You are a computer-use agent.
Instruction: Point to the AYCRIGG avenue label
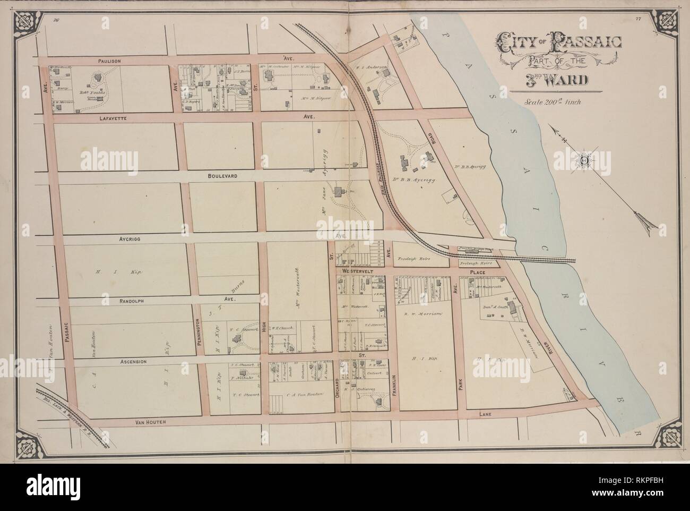pos(126,240)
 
